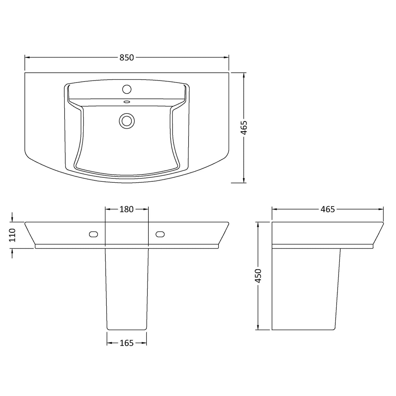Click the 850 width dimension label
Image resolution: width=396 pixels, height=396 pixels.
click(x=127, y=58)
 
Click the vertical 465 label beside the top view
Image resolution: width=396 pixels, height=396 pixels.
click(x=244, y=128)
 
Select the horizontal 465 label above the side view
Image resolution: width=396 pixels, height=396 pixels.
click(x=327, y=209)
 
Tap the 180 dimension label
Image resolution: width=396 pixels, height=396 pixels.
click(x=126, y=209)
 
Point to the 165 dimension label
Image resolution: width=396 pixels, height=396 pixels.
click(x=127, y=343)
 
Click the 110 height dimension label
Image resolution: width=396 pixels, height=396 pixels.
click(x=12, y=235)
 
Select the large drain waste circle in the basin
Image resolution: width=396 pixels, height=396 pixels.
click(x=127, y=120)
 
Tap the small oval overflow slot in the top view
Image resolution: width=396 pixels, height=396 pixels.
click(x=127, y=102)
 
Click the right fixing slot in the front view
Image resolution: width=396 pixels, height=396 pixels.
click(x=160, y=234)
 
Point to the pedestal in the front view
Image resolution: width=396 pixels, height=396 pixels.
click(x=127, y=287)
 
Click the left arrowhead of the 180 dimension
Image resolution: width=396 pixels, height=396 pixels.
click(x=107, y=209)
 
